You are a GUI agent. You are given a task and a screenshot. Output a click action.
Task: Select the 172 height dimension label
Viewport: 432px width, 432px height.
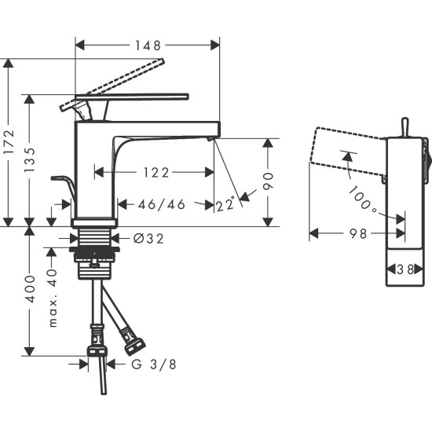[10, 142]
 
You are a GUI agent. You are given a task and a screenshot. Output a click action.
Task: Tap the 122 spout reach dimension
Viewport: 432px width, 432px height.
[153, 171]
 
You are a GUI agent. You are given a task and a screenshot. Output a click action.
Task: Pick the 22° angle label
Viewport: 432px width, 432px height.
[225, 204]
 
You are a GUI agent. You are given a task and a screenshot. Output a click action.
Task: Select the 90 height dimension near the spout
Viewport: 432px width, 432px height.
[268, 182]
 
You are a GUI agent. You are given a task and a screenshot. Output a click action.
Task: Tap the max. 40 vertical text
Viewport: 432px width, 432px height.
[53, 298]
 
